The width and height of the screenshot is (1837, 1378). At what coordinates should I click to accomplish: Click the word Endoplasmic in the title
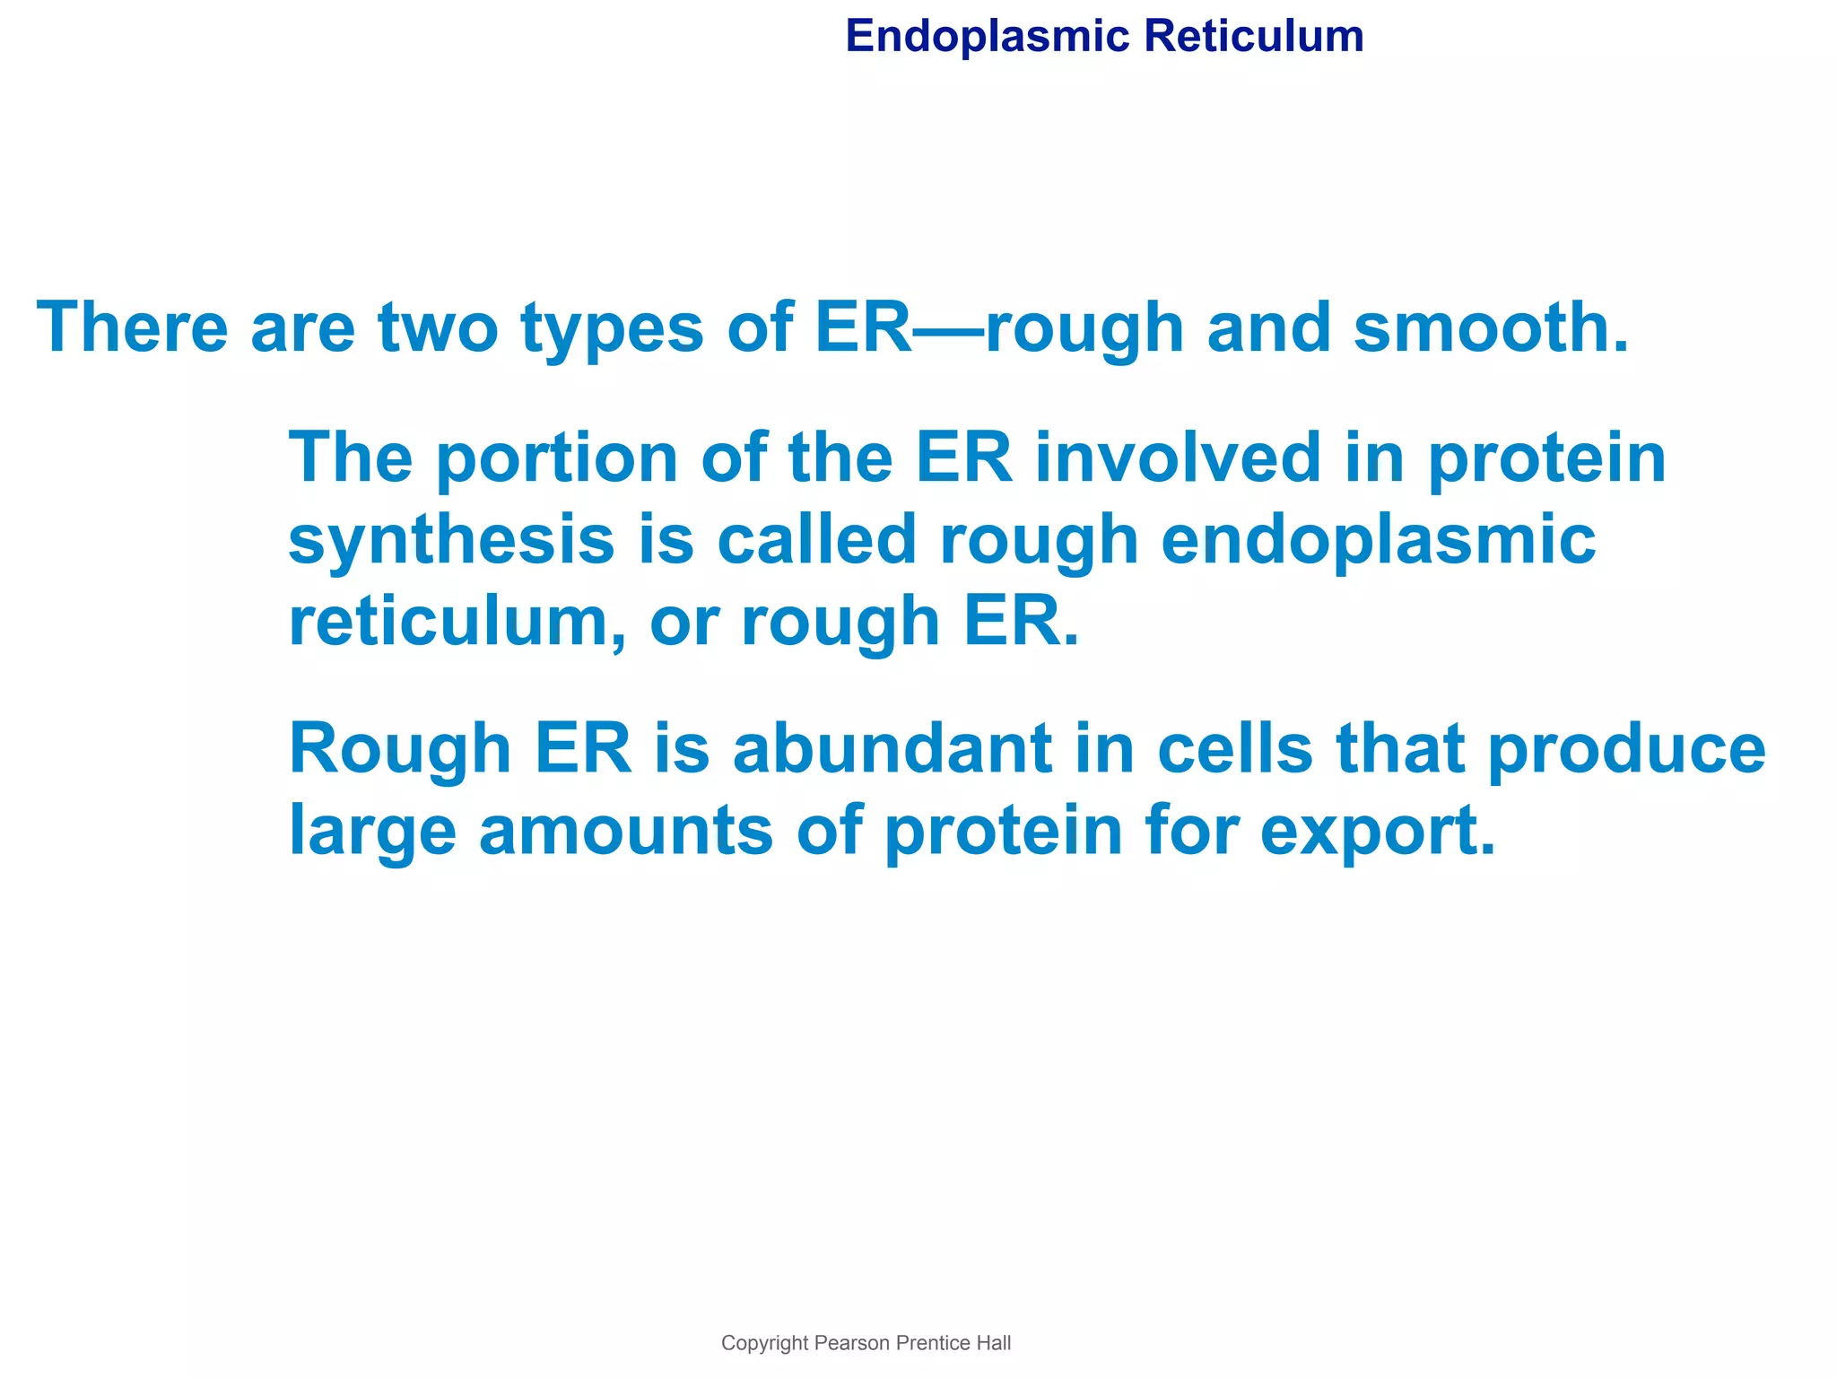pos(987,38)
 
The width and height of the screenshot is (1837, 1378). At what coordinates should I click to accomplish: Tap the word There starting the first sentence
pos(133,327)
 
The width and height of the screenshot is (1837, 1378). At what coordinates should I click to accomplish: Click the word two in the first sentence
pos(438,327)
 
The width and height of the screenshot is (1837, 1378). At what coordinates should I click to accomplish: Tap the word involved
pos(1178,458)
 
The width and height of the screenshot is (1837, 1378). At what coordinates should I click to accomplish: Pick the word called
pos(816,540)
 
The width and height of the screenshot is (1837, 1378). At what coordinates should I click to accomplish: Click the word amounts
pos(625,832)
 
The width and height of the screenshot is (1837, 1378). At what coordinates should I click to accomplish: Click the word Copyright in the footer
pos(764,1343)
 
